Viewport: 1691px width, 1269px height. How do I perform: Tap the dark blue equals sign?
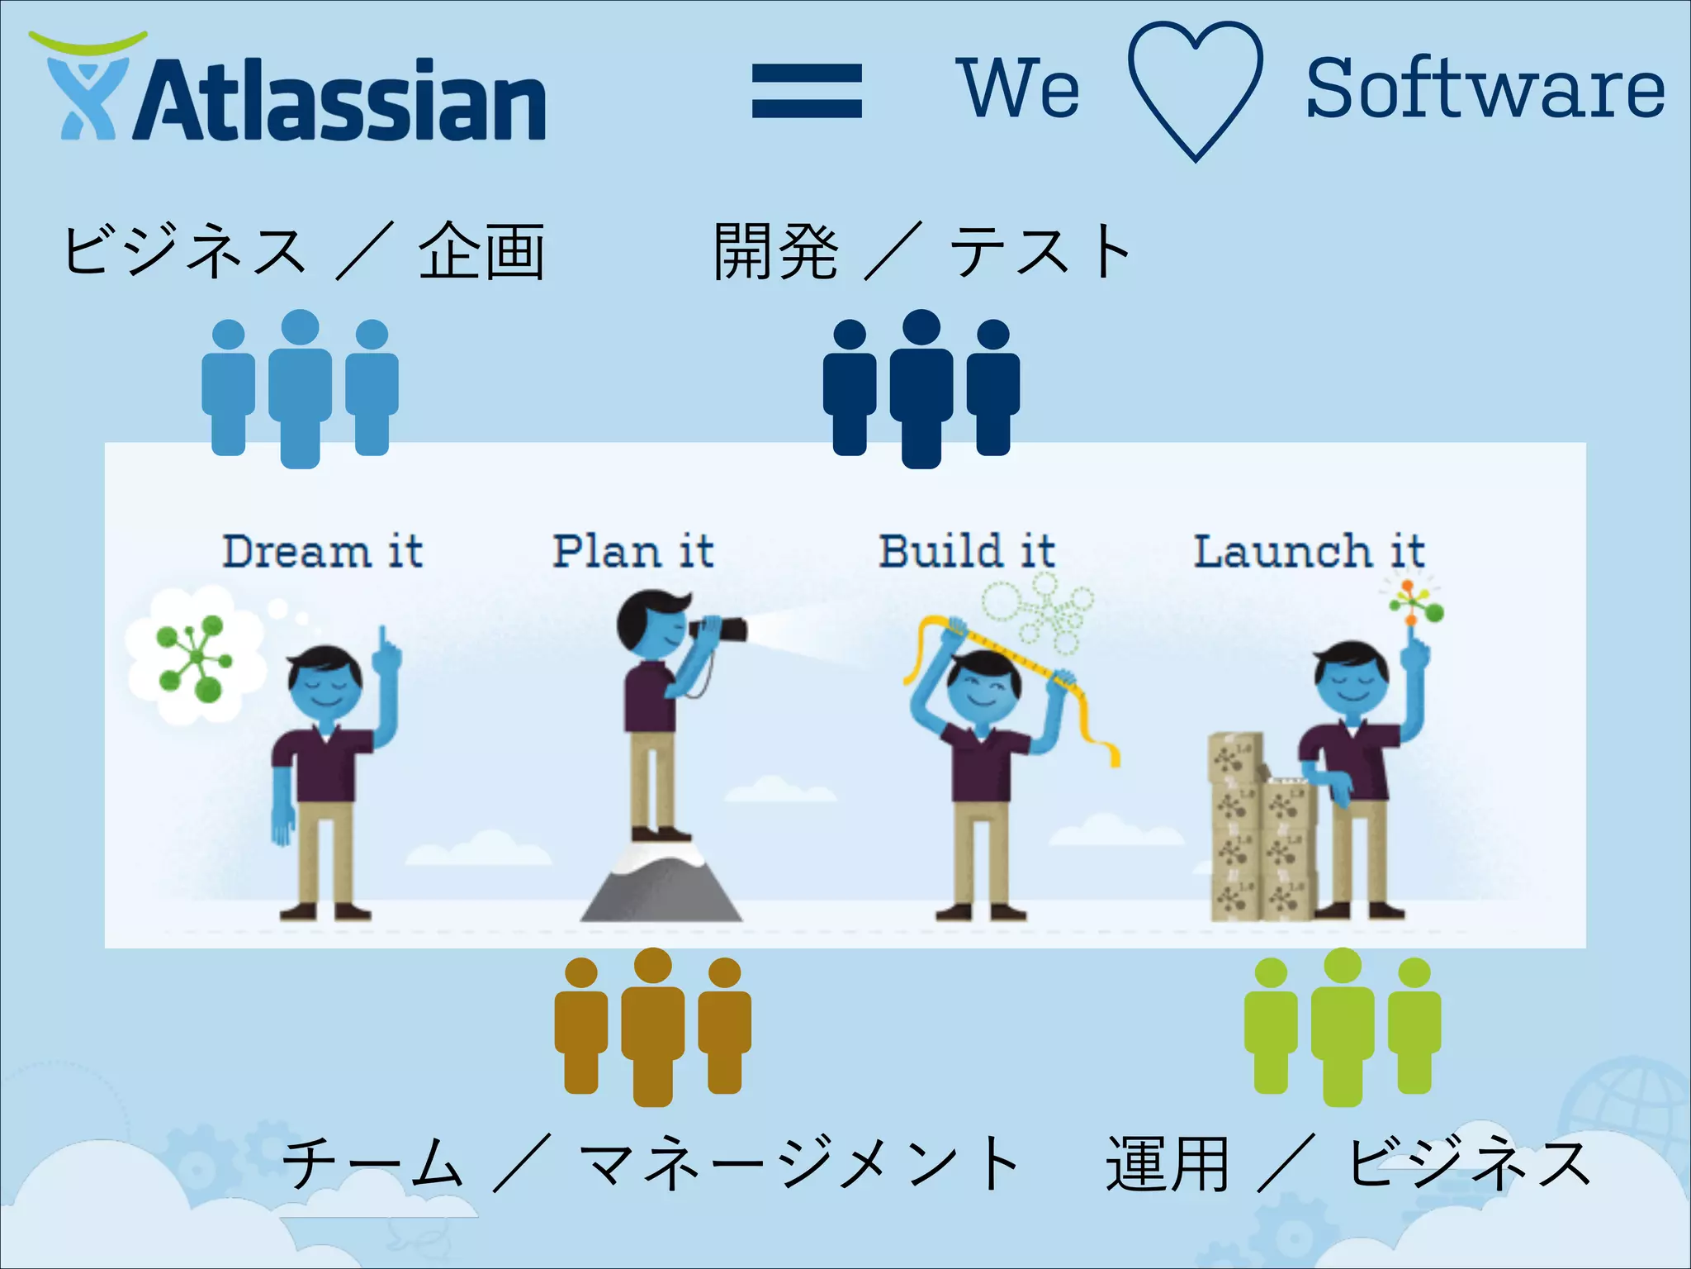[x=807, y=91]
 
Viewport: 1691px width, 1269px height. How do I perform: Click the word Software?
[x=1485, y=88]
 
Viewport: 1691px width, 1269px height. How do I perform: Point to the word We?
[x=1017, y=88]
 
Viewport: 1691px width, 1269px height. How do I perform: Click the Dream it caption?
[x=322, y=551]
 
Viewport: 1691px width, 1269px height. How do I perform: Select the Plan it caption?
[x=632, y=551]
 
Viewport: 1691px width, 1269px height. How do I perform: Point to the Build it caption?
[x=966, y=551]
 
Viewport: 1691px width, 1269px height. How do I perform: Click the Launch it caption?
[x=1309, y=551]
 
